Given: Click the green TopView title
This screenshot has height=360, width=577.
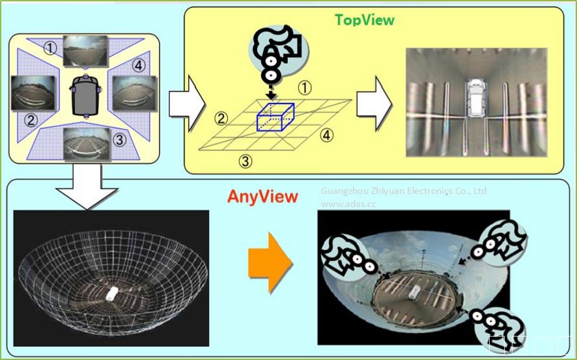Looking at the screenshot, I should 364,20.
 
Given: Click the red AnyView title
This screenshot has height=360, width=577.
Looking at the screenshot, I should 262,196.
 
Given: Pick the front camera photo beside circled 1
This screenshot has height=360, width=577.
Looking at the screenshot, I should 85,51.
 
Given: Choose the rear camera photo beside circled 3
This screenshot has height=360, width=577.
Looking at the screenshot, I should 85,143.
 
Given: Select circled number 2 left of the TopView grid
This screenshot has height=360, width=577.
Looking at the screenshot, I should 222,118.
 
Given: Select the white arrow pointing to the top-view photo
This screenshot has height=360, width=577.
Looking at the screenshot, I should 373,100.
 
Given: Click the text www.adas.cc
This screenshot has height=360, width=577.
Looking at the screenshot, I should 348,203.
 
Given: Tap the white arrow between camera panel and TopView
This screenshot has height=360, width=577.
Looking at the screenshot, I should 186,100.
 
